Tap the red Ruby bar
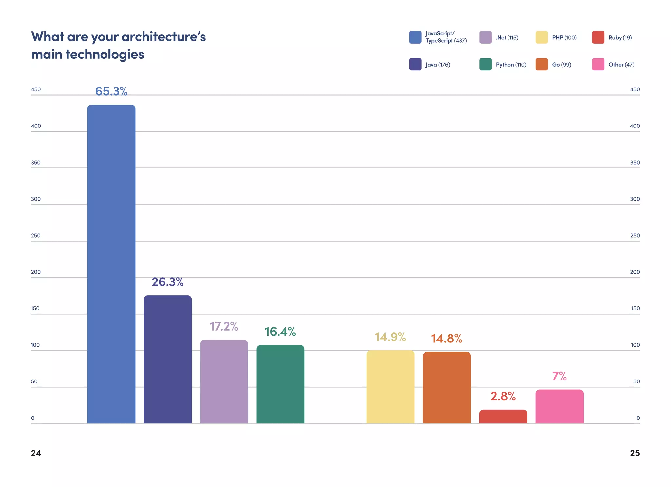click(503, 417)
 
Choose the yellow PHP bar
click(390, 387)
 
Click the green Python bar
click(280, 384)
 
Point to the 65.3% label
click(111, 91)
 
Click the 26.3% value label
click(167, 282)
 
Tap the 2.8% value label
click(503, 396)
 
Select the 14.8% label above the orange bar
click(447, 338)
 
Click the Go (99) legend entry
click(561, 65)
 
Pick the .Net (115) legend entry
click(507, 38)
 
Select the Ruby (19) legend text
click(620, 38)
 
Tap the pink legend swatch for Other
click(598, 64)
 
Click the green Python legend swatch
click(485, 64)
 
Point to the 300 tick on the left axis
click(36, 199)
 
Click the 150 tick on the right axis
click(635, 308)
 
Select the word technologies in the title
click(105, 54)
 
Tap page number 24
click(36, 453)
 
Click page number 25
click(635, 453)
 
